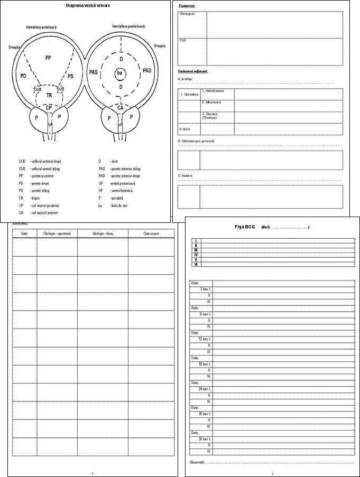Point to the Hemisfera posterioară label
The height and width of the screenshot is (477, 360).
pyautogui.click(x=128, y=25)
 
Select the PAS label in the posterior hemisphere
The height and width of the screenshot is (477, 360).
pyautogui.click(x=94, y=71)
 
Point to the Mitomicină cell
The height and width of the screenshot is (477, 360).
pyautogui.click(x=210, y=102)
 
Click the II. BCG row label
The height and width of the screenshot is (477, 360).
pyautogui.click(x=183, y=128)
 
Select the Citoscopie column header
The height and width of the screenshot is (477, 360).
pyautogui.click(x=150, y=233)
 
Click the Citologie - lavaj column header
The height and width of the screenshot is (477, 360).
pyautogui.click(x=102, y=233)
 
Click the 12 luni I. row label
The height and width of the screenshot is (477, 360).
pyautogui.click(x=205, y=339)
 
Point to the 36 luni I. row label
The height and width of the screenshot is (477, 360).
pyautogui.click(x=205, y=439)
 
